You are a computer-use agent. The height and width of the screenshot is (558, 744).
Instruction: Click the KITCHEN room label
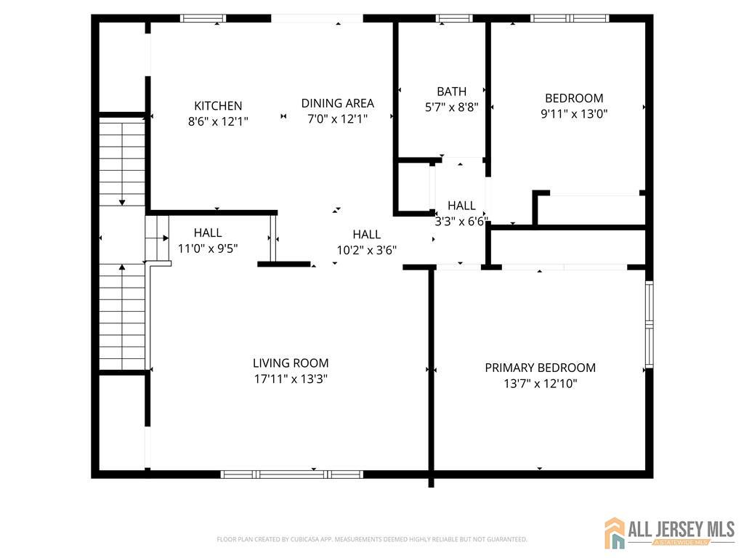point(218,106)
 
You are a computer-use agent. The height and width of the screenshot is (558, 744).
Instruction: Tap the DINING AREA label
point(338,103)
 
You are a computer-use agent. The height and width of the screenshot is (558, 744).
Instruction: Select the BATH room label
point(451,92)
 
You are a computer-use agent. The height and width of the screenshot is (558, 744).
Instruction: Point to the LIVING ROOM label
point(291,363)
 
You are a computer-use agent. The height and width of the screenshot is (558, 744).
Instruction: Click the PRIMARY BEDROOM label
point(540,368)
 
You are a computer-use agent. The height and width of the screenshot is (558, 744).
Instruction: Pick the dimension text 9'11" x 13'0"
point(574,114)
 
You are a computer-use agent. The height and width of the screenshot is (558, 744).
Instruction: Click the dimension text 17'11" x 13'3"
point(291,379)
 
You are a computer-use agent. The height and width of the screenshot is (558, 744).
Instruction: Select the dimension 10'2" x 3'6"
point(366,250)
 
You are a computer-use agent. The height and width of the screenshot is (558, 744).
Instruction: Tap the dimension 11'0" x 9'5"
point(208,248)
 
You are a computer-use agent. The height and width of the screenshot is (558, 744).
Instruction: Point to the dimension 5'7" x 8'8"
point(451,108)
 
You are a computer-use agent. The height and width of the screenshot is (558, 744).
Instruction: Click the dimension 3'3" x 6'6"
point(461,222)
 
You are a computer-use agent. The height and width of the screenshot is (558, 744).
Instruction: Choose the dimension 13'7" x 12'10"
point(540,384)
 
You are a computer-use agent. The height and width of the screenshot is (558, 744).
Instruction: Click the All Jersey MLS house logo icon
point(615,533)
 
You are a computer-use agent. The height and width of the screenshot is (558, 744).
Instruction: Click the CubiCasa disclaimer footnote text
point(371,539)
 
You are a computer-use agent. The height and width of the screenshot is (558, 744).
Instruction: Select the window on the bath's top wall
point(453,18)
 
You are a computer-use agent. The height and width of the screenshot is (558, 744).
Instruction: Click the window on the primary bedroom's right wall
point(650,323)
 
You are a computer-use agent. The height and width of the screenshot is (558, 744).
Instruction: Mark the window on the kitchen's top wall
point(203,18)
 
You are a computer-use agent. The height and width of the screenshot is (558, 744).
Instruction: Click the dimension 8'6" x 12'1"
point(218,122)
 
